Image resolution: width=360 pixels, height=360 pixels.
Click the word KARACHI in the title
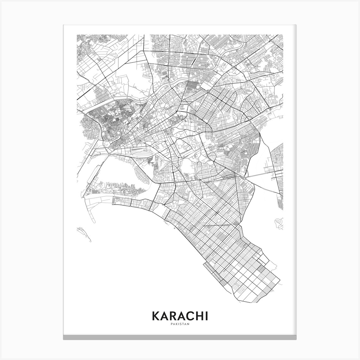click(x=180, y=317)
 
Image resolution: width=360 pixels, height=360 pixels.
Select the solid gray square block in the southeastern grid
click(x=261, y=269)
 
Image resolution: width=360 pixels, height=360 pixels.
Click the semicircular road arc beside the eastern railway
click(x=248, y=119)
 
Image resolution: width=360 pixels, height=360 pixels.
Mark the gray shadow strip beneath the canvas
click(x=180, y=338)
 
